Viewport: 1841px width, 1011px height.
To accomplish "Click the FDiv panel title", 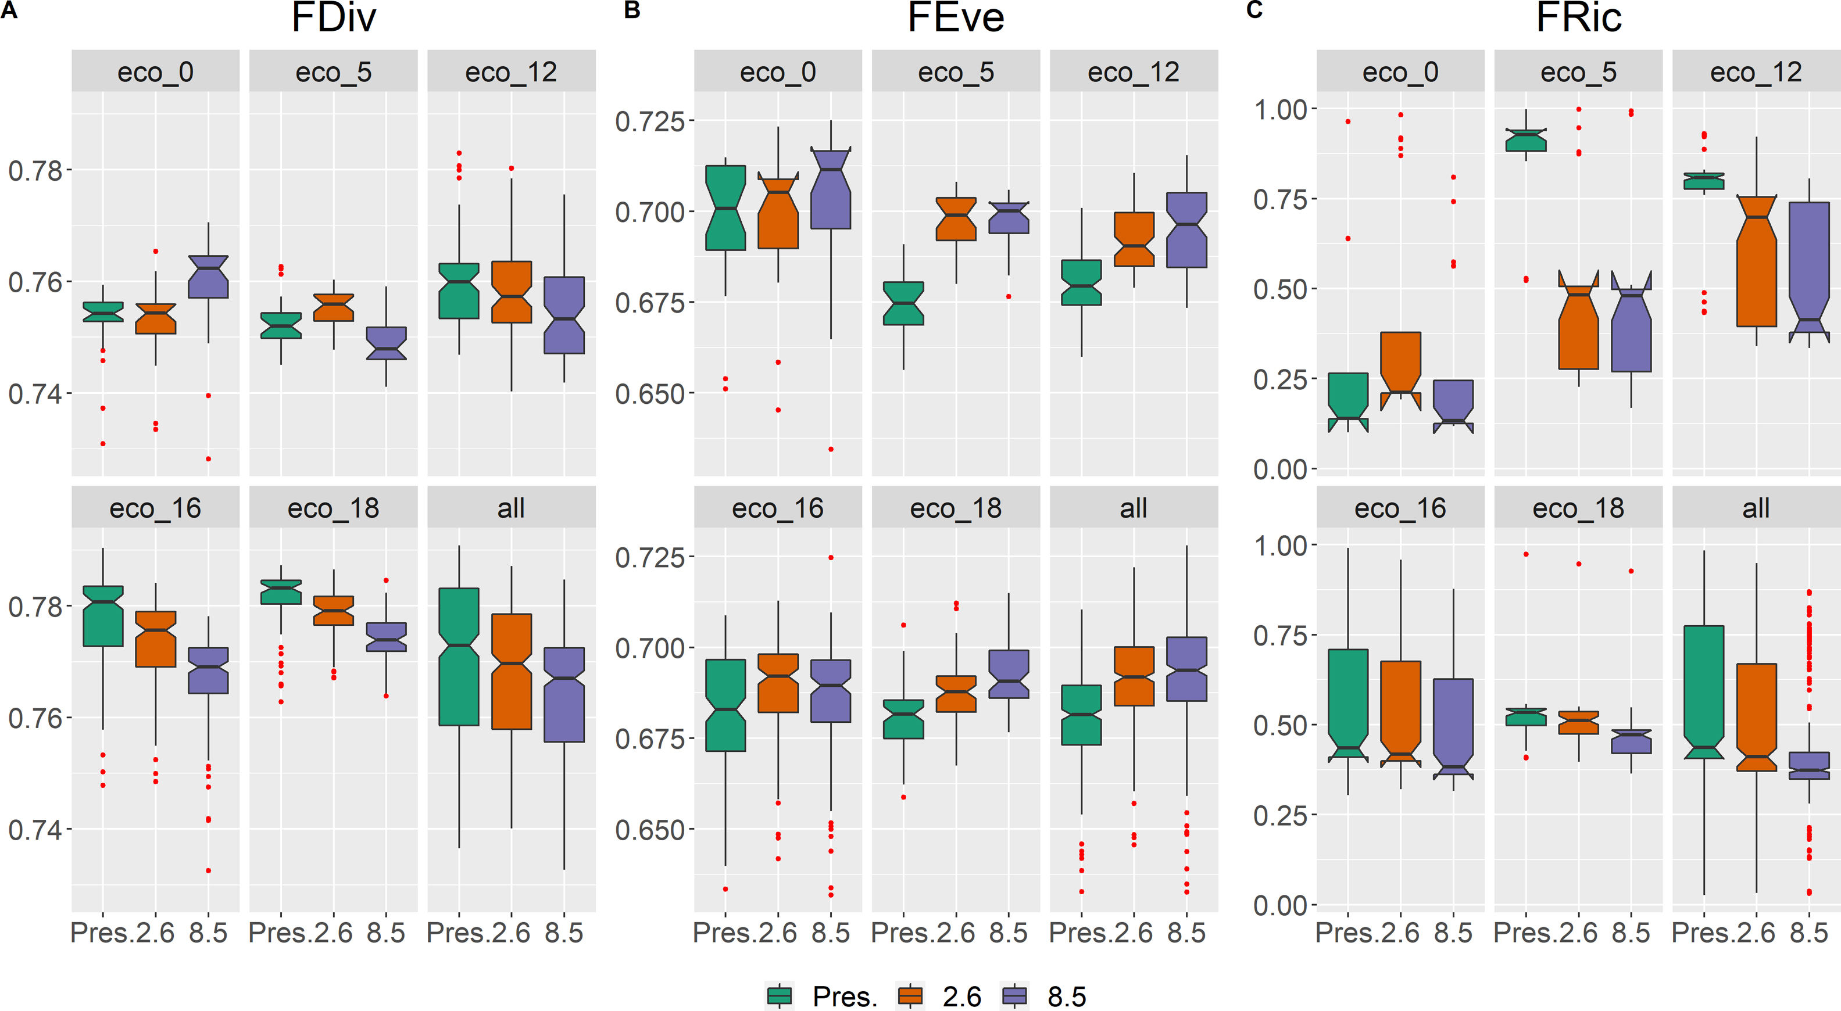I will [x=333, y=18].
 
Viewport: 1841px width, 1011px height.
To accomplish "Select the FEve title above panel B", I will [x=956, y=18].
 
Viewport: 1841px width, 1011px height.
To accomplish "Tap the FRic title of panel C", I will [x=1578, y=18].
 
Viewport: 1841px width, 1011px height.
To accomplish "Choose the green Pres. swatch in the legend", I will [x=779, y=995].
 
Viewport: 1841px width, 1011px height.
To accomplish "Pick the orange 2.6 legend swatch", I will [x=910, y=995].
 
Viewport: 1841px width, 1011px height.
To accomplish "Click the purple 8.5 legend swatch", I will [x=1015, y=995].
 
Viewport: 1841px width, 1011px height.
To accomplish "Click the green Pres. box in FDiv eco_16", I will [x=103, y=616].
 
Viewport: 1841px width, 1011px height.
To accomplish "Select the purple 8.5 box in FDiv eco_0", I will [x=208, y=277].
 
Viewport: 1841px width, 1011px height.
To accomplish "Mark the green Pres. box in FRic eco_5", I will [x=1526, y=140].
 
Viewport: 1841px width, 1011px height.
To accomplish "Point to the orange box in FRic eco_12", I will [x=1757, y=261].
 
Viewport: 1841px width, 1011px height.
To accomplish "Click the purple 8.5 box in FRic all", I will [x=1809, y=765].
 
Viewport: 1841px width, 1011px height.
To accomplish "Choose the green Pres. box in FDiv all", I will [x=459, y=657].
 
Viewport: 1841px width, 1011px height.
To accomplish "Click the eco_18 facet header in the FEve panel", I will [x=956, y=508].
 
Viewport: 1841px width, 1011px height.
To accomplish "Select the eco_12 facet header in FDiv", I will [x=511, y=71].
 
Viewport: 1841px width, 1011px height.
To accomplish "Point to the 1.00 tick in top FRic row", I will [x=1282, y=110].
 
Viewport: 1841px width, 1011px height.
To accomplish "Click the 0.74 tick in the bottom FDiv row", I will [x=35, y=830].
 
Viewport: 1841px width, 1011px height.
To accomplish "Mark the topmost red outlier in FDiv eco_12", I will [x=459, y=153].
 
